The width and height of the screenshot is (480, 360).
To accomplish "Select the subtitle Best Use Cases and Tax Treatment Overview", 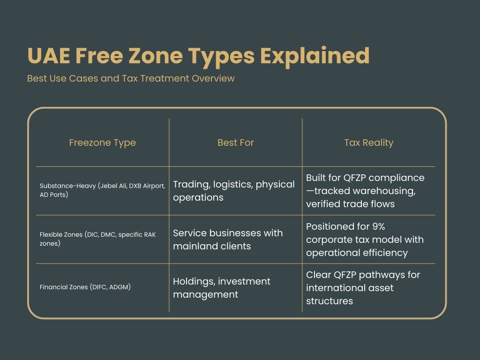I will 131,78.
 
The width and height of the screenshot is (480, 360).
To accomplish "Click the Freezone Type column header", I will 102,142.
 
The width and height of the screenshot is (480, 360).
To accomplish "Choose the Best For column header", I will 235,142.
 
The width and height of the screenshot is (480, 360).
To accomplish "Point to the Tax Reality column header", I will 368,142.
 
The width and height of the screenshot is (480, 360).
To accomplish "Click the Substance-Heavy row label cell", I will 102,190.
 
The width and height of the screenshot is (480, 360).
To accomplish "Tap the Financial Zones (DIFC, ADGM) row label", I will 85,287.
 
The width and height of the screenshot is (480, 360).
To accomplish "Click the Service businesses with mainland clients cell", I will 228,240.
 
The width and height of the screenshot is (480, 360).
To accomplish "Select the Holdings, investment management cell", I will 221,288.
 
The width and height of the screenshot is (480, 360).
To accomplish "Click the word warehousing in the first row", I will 376,191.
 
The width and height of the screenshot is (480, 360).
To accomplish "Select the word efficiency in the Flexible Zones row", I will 384,253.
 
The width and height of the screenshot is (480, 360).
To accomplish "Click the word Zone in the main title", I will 155,56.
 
